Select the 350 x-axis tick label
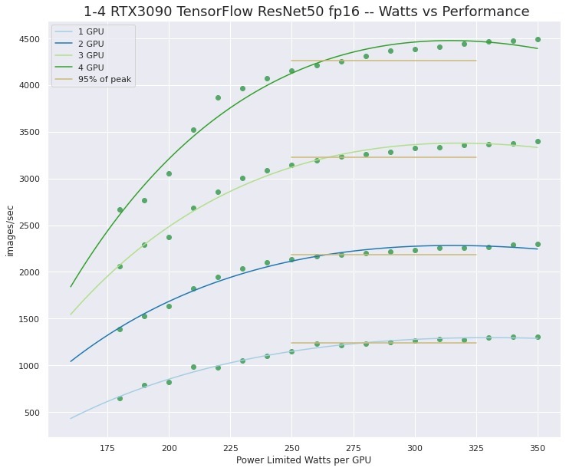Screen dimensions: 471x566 point(538,447)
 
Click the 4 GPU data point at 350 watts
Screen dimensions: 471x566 point(538,39)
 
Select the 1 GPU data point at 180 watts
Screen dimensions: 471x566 point(120,398)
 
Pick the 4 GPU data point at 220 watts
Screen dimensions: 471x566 point(218,97)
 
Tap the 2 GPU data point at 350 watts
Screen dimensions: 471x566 point(538,244)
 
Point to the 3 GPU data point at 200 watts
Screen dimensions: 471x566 point(169,237)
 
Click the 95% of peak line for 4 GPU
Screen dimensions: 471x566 point(383,61)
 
